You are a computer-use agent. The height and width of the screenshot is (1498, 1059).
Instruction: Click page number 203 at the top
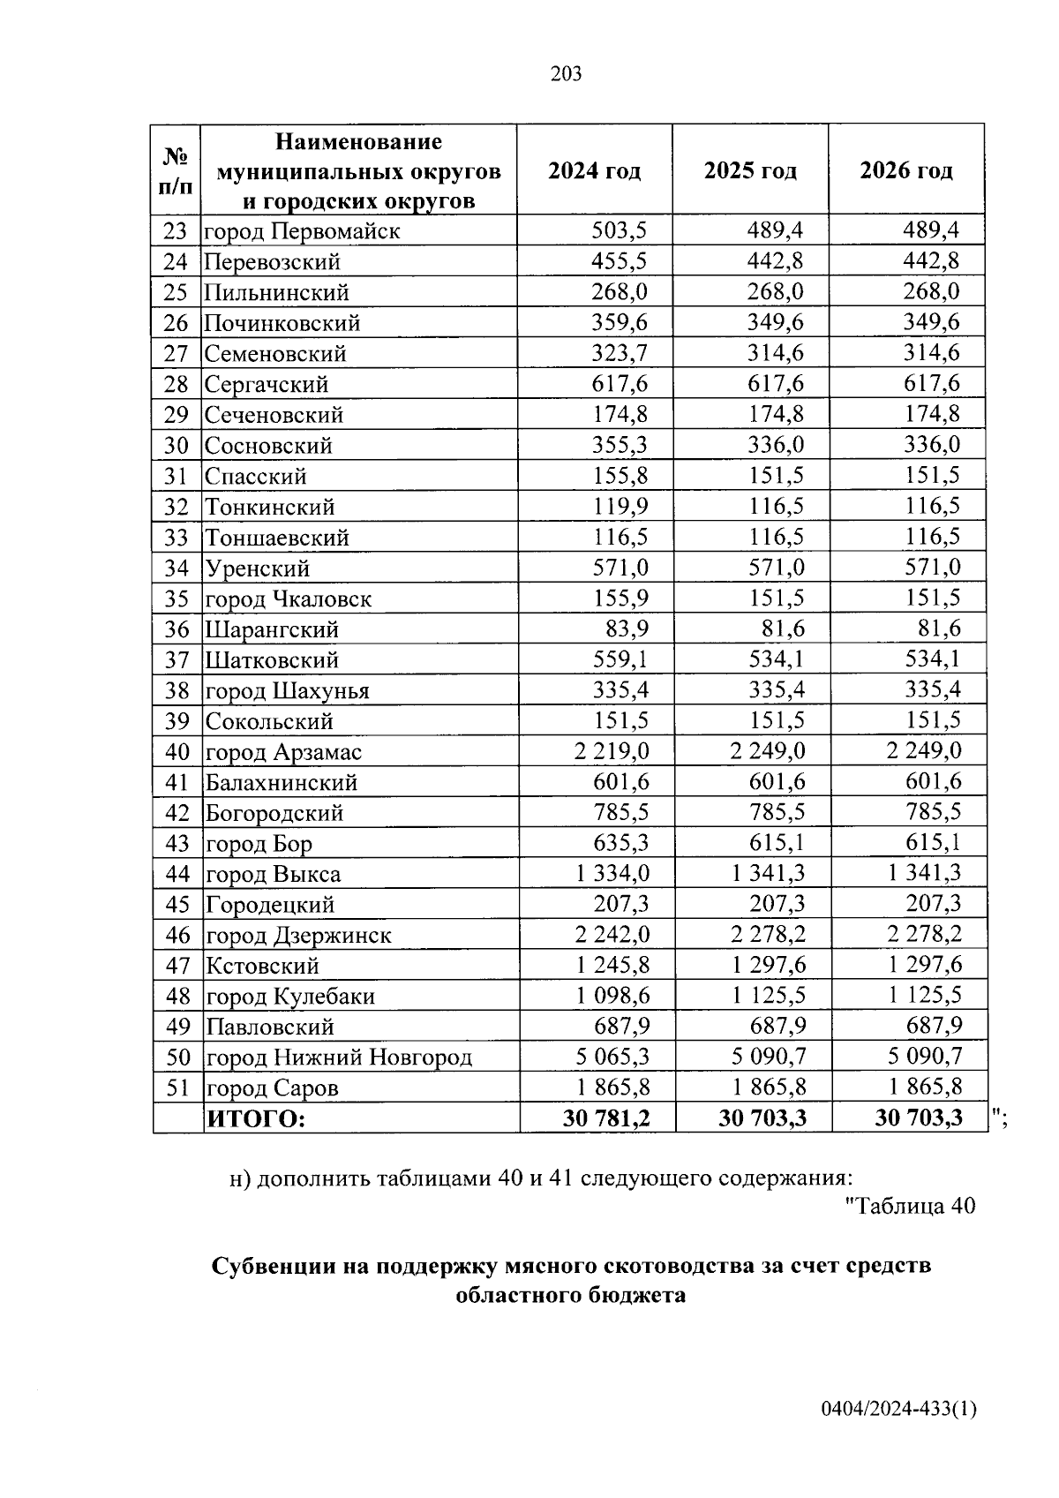[x=566, y=74]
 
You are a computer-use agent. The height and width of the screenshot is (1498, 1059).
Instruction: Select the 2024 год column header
[x=594, y=170]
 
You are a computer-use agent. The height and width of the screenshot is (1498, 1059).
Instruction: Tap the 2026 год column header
[x=906, y=170]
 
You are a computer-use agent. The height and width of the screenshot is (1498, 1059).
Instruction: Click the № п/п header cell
[x=176, y=171]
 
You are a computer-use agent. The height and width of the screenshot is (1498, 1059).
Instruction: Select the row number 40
[x=177, y=752]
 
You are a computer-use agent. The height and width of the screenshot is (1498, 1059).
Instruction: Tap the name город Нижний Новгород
[x=339, y=1058]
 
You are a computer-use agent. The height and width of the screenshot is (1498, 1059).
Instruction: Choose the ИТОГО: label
[x=255, y=1119]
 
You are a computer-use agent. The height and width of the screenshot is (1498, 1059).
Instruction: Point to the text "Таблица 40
[x=910, y=1206]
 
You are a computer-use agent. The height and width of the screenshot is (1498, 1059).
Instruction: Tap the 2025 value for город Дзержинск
[x=768, y=935]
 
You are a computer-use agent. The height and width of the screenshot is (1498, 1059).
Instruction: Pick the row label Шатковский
[x=272, y=660]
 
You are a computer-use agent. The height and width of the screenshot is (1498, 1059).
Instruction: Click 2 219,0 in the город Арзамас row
[x=611, y=751]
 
